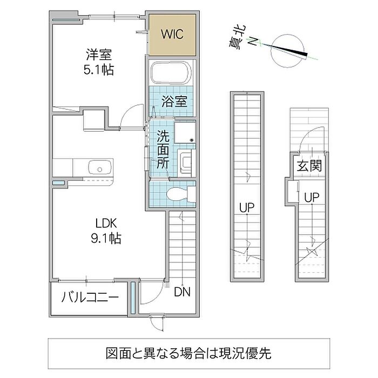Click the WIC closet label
pyautogui.click(x=172, y=35)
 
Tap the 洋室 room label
pyautogui.click(x=99, y=55)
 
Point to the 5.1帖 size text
pyautogui.click(x=99, y=70)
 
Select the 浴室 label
pyautogui.click(x=174, y=101)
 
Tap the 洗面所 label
pyautogui.click(x=163, y=151)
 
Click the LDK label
pyautogui.click(x=106, y=223)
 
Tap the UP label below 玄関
pyautogui.click(x=310, y=197)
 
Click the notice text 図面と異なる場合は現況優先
pyautogui.click(x=188, y=354)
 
